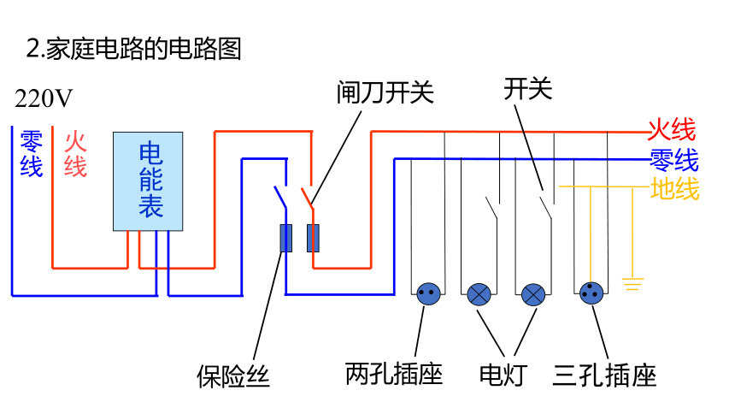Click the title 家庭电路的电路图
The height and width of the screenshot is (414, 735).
coord(144,49)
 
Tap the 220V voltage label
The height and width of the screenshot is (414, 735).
coord(44,98)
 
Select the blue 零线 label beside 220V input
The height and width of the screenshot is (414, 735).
coord(32,154)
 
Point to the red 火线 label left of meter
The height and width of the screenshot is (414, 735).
coord(75,154)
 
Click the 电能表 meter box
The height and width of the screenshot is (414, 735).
coord(148,181)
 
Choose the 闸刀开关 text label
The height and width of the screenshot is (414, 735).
coord(385,92)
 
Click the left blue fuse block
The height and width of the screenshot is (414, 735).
coord(286,238)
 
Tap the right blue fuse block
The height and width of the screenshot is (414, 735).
coord(313,238)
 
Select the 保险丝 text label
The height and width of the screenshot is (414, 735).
coord(233,376)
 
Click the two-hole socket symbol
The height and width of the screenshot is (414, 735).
coord(428,294)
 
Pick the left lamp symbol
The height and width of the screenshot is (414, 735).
coord(479,295)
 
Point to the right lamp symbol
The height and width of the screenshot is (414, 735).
coord(533,295)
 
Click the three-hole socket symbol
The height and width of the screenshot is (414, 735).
coord(591,293)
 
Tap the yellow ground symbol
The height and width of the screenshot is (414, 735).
coord(632,284)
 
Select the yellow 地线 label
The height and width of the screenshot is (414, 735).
coord(675,189)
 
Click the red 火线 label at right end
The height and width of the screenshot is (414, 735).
coord(673,129)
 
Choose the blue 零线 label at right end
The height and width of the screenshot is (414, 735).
coord(674,160)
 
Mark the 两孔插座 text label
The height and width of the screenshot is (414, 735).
coord(394,374)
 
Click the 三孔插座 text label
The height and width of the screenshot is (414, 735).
coord(605,376)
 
